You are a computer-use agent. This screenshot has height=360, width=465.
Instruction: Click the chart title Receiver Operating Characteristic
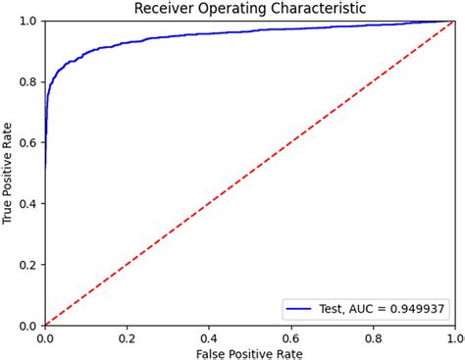(x=250, y=9)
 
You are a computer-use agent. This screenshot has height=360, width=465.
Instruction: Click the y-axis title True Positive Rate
(x=9, y=173)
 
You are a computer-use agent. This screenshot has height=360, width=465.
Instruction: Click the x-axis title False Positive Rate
(x=250, y=350)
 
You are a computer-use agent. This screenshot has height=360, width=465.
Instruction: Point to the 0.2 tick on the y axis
(x=31, y=264)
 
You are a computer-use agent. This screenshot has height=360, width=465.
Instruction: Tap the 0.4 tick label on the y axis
(x=31, y=203)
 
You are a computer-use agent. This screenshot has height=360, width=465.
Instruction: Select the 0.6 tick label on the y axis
(x=31, y=142)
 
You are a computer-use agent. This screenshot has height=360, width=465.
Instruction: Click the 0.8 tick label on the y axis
(x=31, y=81)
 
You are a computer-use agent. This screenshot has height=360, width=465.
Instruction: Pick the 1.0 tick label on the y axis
(x=31, y=21)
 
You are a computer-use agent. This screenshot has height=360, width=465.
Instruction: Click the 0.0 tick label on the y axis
(x=31, y=325)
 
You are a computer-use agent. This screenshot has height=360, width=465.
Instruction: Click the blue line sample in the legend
(x=299, y=308)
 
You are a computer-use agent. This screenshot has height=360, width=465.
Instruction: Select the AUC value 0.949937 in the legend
(x=410, y=308)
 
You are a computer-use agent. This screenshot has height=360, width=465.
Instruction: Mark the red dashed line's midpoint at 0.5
(x=250, y=173)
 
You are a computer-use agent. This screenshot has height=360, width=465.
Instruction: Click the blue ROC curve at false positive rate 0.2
(x=128, y=42)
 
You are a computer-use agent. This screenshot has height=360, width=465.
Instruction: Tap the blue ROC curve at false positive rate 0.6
(x=291, y=31)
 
